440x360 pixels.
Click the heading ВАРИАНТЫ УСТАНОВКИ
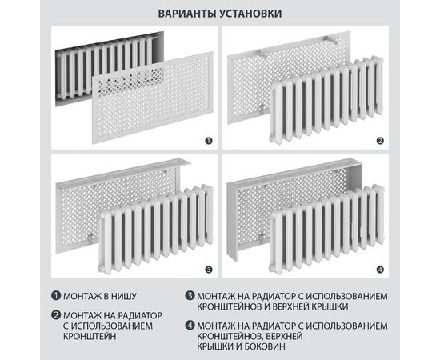[x=220, y=14]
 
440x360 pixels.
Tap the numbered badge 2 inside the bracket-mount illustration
[x=381, y=141]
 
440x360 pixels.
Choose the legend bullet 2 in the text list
[x=57, y=314]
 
